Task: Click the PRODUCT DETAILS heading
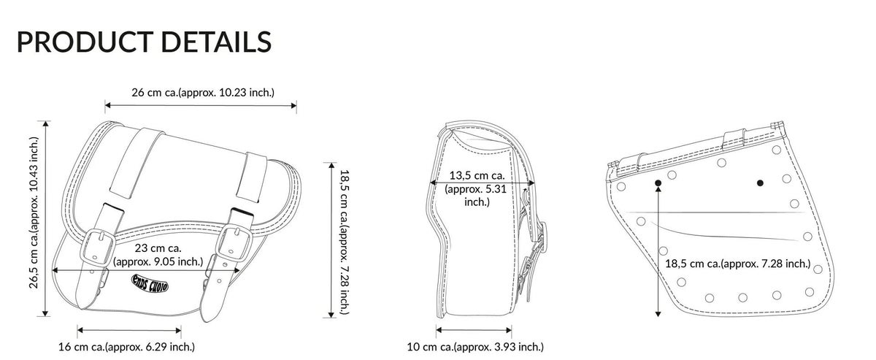tap(144, 42)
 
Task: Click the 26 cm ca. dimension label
tap(203, 93)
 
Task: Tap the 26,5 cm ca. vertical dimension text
tap(34, 212)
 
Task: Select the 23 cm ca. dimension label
tap(158, 255)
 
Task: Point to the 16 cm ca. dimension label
tap(126, 347)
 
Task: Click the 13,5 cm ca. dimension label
tap(476, 188)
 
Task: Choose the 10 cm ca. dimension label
tap(475, 347)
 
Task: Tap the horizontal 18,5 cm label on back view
tap(738, 264)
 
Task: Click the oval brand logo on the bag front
tap(150, 283)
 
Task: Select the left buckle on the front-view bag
tap(97, 248)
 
